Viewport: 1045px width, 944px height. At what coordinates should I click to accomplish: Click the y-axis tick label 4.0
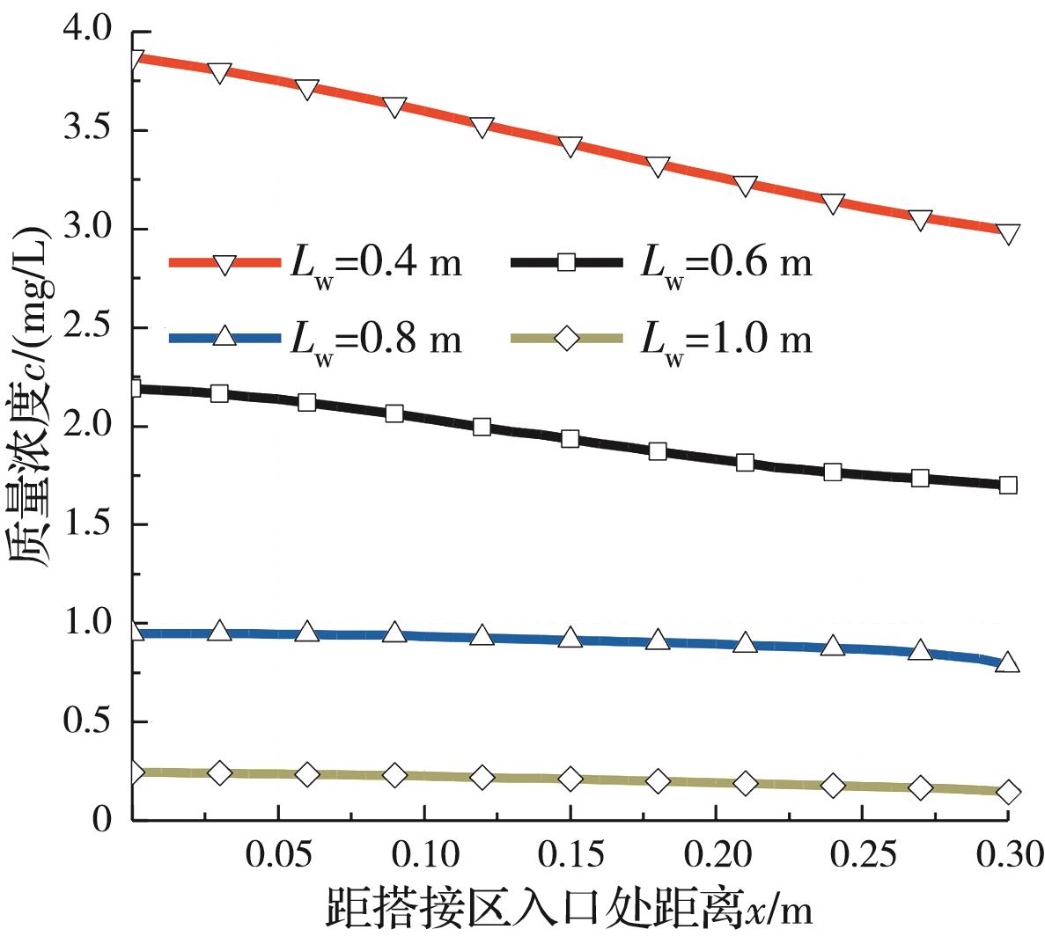[x=88, y=32]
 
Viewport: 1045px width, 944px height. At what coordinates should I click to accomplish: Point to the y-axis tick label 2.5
[x=88, y=328]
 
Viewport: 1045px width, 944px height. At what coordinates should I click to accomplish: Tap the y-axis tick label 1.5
[x=88, y=525]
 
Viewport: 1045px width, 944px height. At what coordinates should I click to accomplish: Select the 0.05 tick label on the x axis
[x=278, y=853]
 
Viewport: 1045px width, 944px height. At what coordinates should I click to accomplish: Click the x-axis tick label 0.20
[x=717, y=853]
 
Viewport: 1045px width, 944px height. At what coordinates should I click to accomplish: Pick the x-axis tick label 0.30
[x=1009, y=853]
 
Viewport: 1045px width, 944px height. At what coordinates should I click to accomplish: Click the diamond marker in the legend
[x=568, y=337]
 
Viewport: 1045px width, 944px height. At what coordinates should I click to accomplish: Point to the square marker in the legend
[x=568, y=261]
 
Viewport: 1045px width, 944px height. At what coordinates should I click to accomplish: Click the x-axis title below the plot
[x=569, y=910]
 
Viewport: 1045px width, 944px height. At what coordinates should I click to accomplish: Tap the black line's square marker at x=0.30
[x=1009, y=485]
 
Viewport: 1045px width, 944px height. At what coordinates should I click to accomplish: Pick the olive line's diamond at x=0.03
[x=220, y=772]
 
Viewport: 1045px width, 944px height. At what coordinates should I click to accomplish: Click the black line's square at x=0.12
[x=482, y=427]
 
